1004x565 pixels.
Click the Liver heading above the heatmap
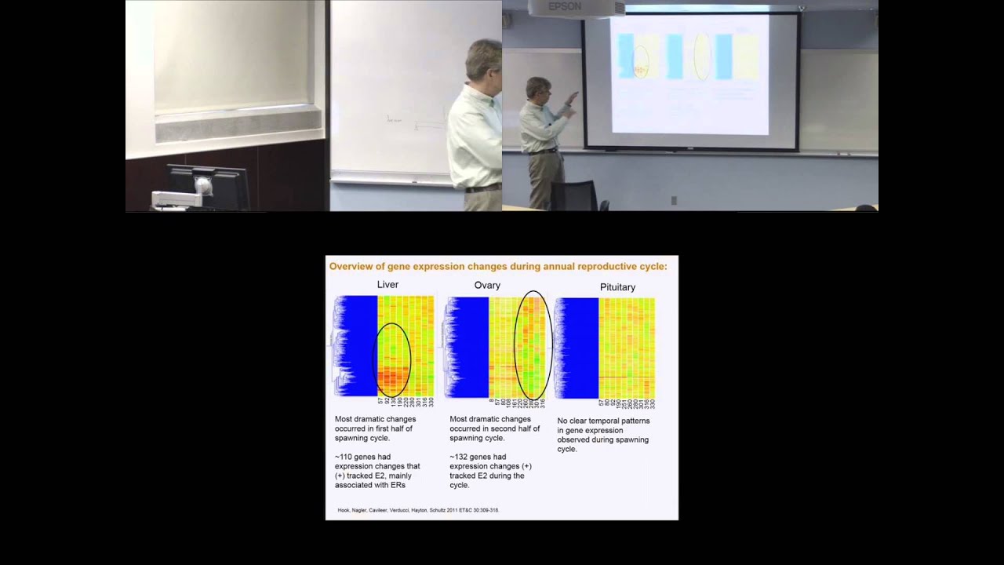click(x=387, y=284)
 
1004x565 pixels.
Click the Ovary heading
click(x=487, y=285)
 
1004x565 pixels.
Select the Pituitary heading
click(x=617, y=287)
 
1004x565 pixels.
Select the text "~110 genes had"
click(x=362, y=457)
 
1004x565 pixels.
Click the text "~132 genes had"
click(x=477, y=457)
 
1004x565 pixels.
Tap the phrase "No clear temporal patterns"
click(x=603, y=421)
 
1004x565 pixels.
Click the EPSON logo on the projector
click(x=565, y=7)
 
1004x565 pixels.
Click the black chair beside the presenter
click(x=577, y=195)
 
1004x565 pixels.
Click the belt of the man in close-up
click(x=482, y=188)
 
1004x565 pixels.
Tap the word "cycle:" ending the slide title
click(x=653, y=267)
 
